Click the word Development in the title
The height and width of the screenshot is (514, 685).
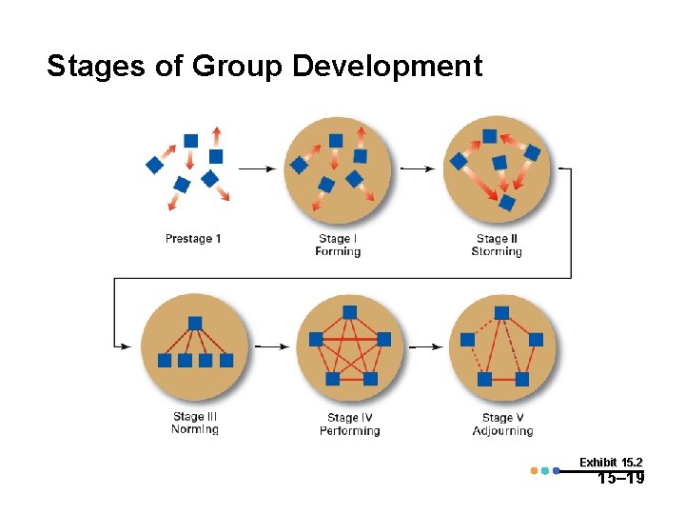pos(387,67)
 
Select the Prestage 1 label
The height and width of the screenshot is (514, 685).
pos(193,238)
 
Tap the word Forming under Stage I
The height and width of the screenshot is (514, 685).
pos(338,252)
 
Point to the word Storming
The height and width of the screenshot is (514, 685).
pos(497,252)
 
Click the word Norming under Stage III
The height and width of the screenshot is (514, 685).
pos(194,429)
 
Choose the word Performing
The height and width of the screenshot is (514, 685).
pos(349,431)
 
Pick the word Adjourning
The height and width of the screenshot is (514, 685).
pos(502,431)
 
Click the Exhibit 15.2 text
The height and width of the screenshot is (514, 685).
pos(617,462)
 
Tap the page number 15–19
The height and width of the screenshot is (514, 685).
pos(620,479)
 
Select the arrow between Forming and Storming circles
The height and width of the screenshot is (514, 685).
pos(415,168)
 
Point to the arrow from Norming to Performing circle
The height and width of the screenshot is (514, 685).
pos(272,347)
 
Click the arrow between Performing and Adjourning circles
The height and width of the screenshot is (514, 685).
pos(425,347)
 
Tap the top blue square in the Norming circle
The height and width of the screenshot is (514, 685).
pos(195,323)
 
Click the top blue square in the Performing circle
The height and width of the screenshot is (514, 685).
pos(349,312)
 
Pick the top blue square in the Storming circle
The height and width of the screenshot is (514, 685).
pos(489,136)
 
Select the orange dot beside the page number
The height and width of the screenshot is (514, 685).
pos(534,470)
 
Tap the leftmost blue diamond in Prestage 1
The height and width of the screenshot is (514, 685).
pos(154,165)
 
